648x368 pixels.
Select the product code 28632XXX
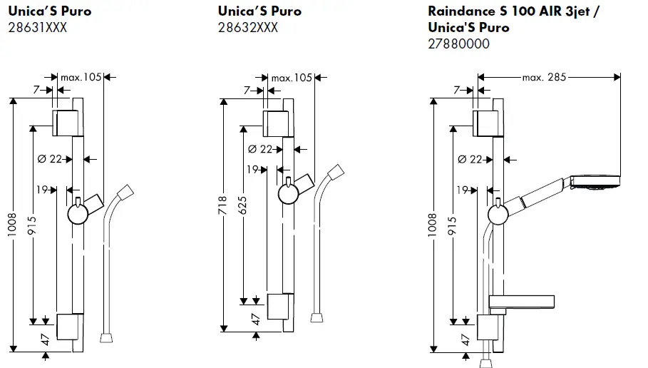(x=247, y=28)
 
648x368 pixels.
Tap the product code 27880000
(x=458, y=44)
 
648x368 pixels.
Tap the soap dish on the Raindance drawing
(x=523, y=303)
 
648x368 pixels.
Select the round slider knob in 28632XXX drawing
(x=287, y=193)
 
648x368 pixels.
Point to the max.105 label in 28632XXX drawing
(x=293, y=77)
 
